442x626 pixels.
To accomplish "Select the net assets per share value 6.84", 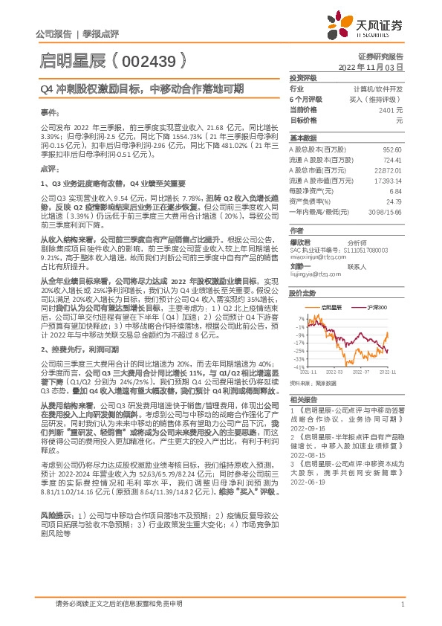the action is point(396,191).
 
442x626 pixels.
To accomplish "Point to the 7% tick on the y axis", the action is point(299,318).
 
